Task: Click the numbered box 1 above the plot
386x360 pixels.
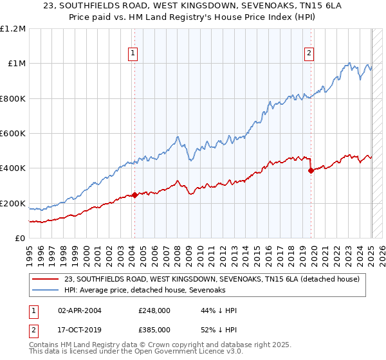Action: [x=133, y=54]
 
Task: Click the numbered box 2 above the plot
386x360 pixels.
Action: [x=309, y=54]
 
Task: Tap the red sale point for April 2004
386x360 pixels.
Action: [x=134, y=195]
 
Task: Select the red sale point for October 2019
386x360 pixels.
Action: [x=311, y=171]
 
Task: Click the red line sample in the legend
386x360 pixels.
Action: [x=46, y=279]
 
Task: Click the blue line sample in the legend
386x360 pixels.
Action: [x=46, y=290]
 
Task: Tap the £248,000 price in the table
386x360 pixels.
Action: [x=154, y=310]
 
